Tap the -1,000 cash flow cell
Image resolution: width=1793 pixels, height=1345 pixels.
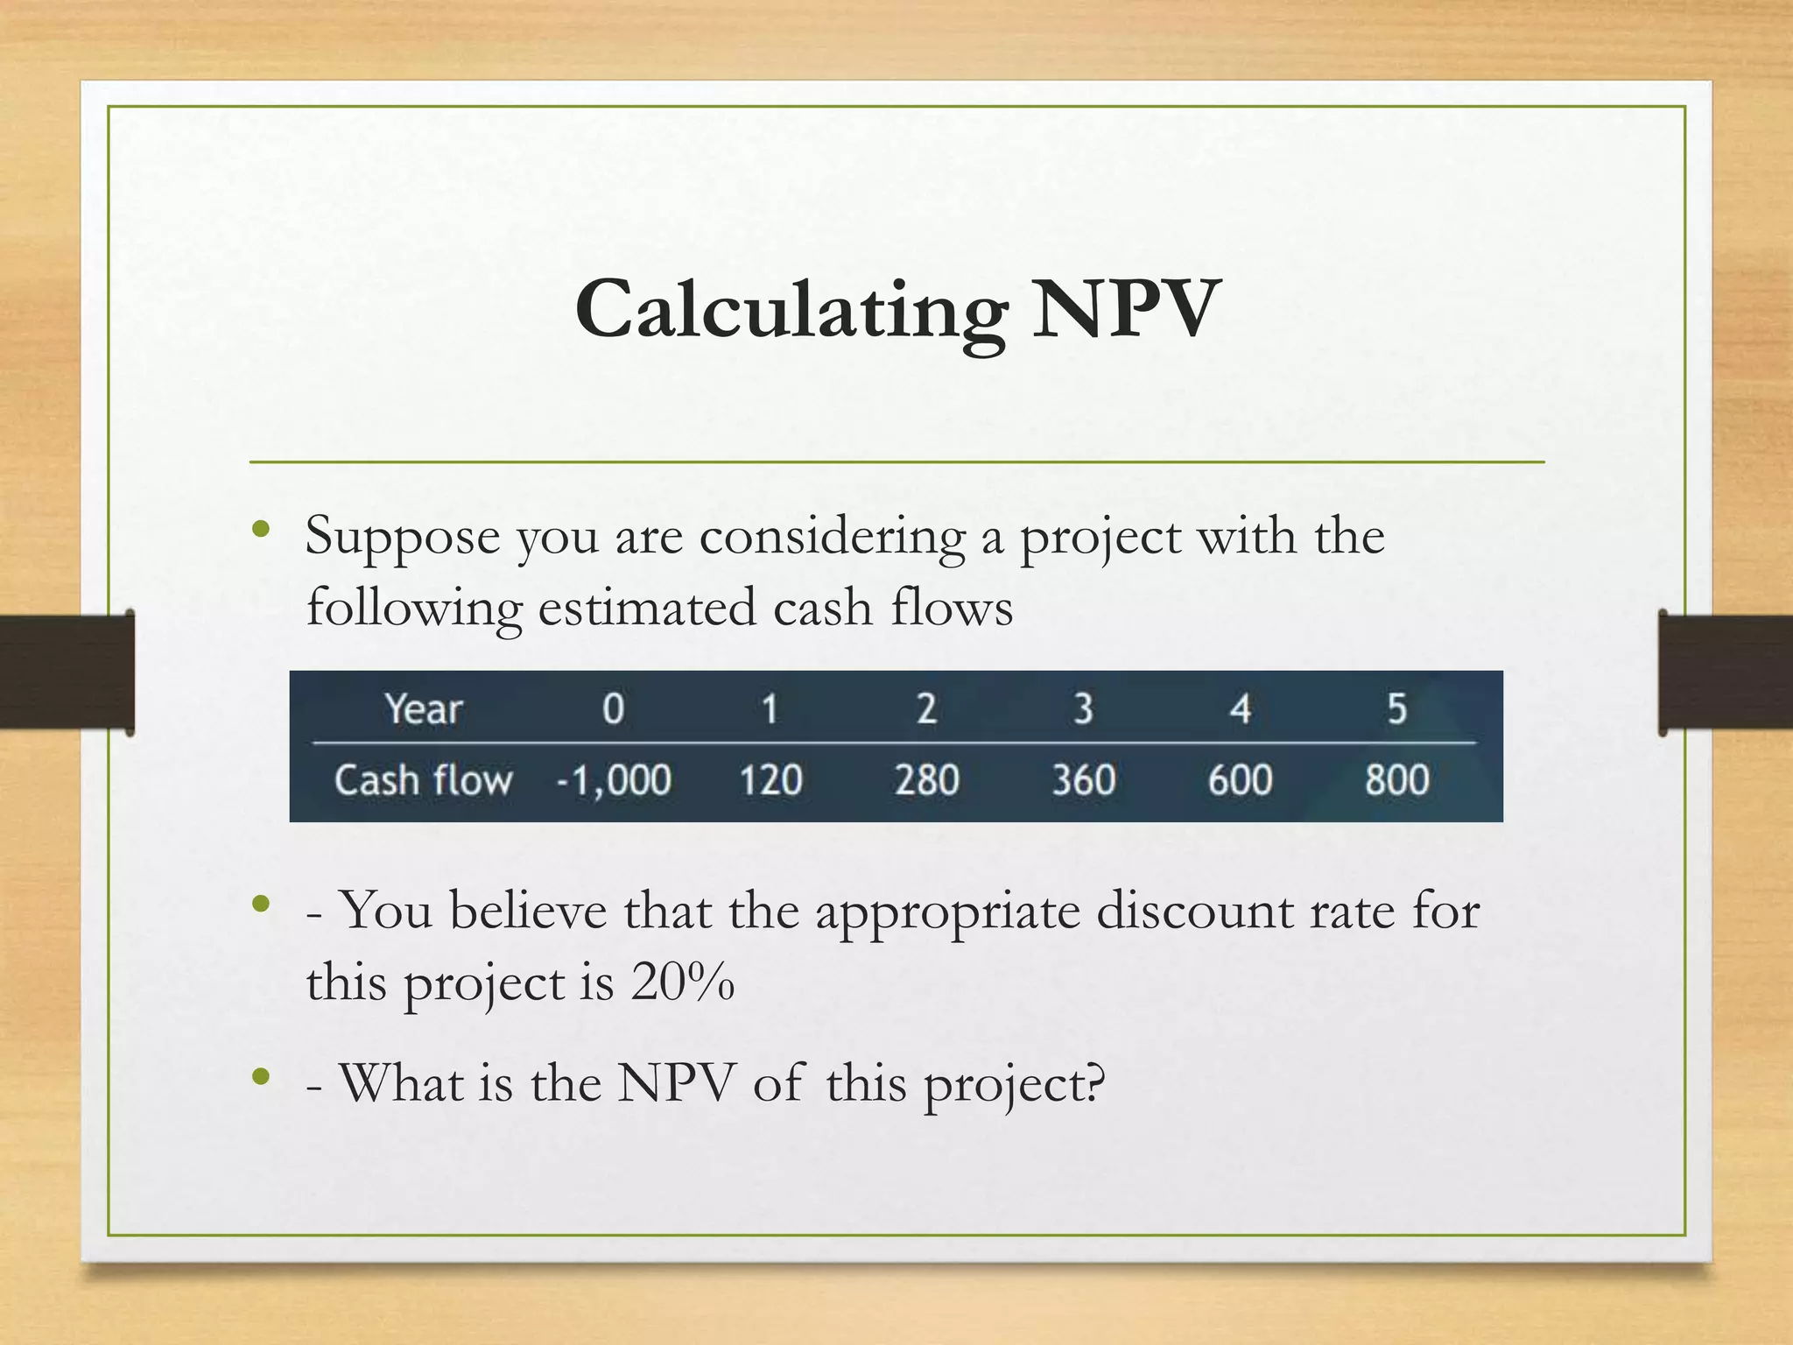615,779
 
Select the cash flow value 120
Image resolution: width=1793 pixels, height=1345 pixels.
770,779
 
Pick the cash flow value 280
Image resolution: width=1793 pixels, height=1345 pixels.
927,779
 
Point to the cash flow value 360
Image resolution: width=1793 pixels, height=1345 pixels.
1084,779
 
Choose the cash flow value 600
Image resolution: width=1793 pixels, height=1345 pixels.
1240,779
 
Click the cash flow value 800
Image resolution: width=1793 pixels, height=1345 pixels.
1396,779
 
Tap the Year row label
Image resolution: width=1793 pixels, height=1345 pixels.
424,708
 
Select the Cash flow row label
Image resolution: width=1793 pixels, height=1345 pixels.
424,779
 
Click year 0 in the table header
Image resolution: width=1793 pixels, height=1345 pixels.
614,708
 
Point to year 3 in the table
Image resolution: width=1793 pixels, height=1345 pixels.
1084,708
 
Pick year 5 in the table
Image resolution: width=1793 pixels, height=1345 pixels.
1396,708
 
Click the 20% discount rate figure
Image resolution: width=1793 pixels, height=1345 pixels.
682,982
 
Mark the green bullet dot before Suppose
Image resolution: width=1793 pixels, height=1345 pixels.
260,529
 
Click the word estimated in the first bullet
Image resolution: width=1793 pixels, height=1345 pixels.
647,608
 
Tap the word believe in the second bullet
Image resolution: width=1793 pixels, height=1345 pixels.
528,912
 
